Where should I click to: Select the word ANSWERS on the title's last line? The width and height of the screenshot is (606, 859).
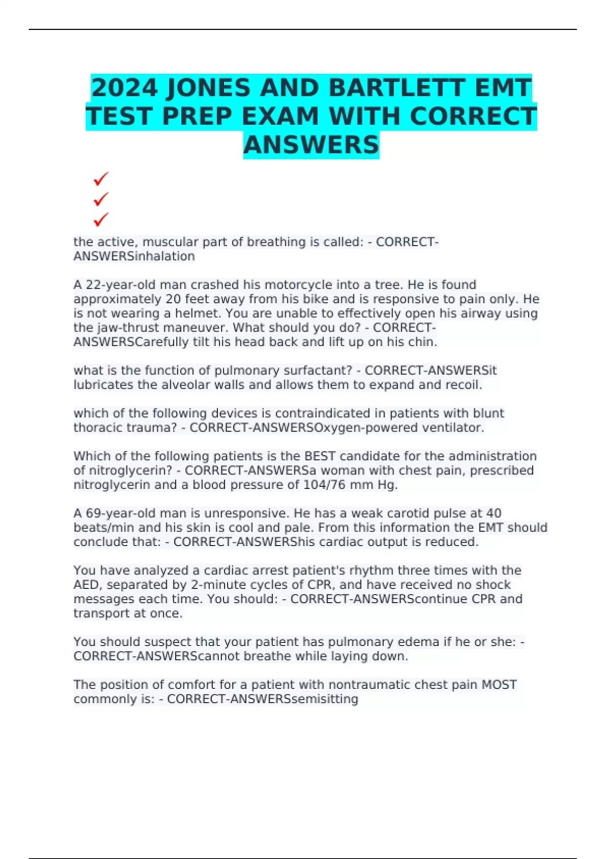pyautogui.click(x=311, y=145)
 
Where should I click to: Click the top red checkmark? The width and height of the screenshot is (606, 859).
pyautogui.click(x=101, y=179)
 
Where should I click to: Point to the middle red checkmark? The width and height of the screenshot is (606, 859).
pyautogui.click(x=101, y=199)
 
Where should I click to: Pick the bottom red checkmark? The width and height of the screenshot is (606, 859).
pyautogui.click(x=101, y=219)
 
